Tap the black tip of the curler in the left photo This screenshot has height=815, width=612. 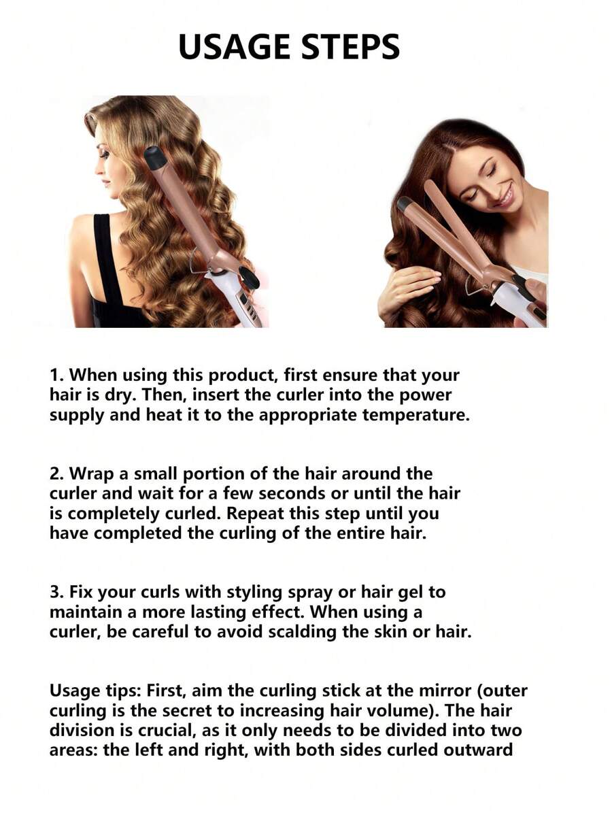pos(156,158)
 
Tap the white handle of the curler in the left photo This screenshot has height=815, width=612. pos(228,299)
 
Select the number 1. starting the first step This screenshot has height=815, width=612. pos(56,375)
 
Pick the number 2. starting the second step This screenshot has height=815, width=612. pos(57,473)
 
